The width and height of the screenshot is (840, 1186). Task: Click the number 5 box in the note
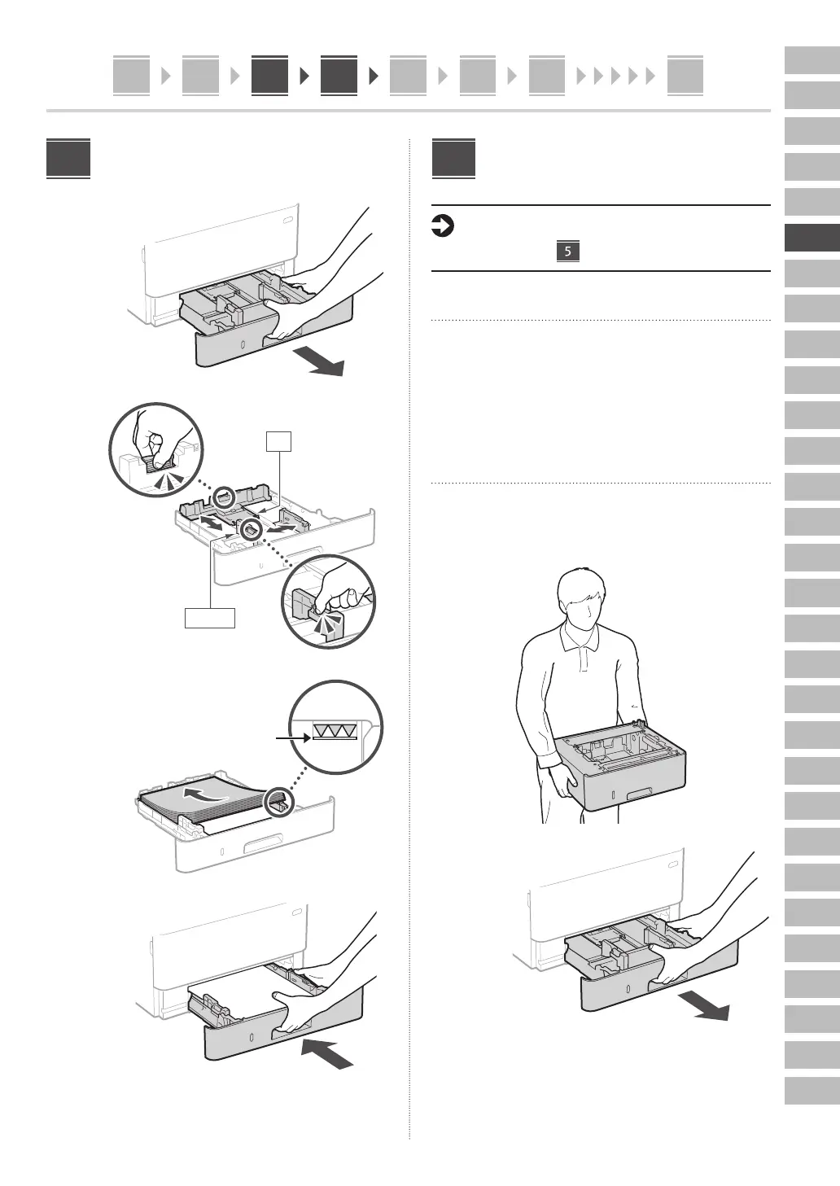567,251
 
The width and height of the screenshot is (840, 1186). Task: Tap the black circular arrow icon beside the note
441,226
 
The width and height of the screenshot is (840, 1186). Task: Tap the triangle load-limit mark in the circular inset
335,732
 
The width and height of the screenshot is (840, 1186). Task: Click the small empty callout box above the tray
278,440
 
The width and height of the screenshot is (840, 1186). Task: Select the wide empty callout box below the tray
210,618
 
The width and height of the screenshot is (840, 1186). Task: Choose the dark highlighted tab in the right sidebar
812,238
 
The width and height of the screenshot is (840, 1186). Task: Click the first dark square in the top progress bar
269,76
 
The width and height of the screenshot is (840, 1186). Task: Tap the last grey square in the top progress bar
685,76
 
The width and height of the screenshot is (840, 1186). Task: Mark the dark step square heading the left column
68,159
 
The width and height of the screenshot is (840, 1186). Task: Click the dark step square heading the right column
453,159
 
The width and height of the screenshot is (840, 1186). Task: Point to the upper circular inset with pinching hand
156,449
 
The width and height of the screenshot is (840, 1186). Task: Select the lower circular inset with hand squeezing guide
329,601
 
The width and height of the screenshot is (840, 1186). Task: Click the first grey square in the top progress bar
131,76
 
